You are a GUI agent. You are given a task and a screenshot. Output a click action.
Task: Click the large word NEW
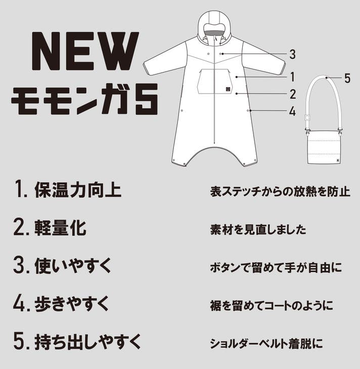point(85,51)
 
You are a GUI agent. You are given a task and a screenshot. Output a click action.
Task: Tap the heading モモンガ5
point(84,99)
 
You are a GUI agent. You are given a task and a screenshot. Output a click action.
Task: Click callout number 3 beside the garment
point(292,54)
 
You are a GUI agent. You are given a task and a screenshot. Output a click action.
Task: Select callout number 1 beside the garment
point(292,77)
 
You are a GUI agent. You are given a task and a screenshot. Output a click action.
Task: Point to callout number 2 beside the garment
point(293,94)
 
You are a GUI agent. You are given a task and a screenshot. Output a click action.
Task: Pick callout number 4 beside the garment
point(292,111)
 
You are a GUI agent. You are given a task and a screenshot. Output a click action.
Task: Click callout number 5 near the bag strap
point(347,78)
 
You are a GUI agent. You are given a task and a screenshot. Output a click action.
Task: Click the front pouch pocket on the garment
point(214,81)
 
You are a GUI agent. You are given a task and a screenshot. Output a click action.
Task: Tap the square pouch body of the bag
point(324,148)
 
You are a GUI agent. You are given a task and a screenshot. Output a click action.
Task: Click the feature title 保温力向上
point(78,190)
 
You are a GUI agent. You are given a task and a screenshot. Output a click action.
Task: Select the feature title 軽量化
point(61,228)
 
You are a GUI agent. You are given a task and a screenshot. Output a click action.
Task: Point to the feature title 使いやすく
point(73,266)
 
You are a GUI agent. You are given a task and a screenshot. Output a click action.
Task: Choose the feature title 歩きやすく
point(72,304)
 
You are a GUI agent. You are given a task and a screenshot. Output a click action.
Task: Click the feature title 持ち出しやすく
point(88,342)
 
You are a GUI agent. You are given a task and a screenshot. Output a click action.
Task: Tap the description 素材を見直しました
point(258,229)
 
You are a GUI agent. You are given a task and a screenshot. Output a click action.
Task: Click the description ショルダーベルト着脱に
point(266,343)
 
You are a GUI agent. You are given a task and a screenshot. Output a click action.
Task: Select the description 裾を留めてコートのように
point(272,305)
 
